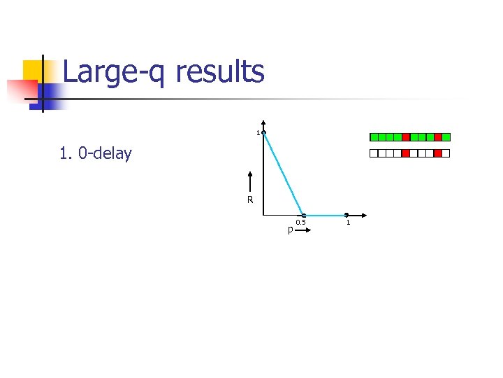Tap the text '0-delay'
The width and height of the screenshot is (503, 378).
(105, 153)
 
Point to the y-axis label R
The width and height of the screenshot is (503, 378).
(249, 200)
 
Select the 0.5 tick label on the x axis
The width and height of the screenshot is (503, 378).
(300, 223)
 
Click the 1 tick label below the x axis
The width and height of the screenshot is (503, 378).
(347, 223)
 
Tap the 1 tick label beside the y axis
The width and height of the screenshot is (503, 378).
(257, 133)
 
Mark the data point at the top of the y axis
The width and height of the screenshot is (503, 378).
(263, 132)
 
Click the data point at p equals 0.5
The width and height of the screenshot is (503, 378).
(304, 216)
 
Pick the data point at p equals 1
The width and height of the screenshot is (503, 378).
(347, 216)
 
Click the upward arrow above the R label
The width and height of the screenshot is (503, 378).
(249, 181)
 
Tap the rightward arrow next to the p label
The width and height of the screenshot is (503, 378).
(302, 229)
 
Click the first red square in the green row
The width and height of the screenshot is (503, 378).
(406, 137)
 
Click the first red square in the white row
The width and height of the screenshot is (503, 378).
(406, 153)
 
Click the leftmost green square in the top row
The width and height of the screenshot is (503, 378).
(374, 137)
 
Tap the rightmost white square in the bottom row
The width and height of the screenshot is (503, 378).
(446, 153)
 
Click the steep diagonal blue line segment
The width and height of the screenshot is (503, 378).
(284, 174)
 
